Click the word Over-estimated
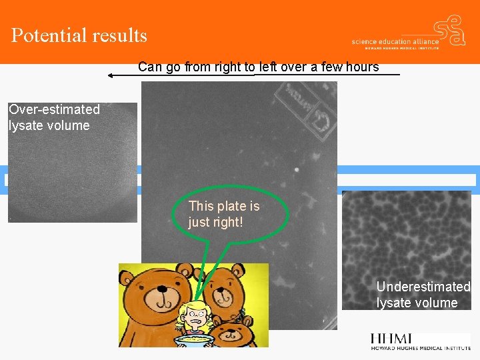(54, 109)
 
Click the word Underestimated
(423, 287)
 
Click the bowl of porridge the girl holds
(194, 340)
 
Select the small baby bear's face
(237, 333)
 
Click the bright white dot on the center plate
(295, 169)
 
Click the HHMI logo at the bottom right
(420, 341)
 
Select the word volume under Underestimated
(435, 303)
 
